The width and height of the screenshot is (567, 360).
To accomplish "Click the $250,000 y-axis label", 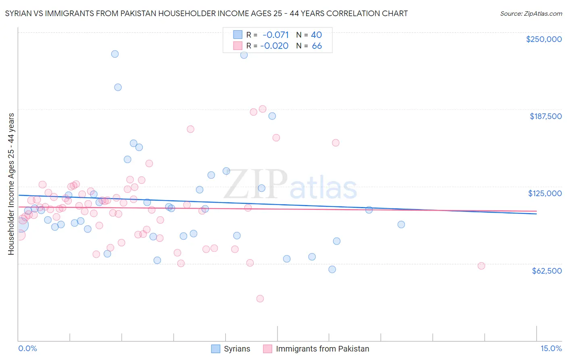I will pos(544,39).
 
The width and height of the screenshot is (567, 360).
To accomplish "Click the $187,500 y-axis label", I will pos(545,116).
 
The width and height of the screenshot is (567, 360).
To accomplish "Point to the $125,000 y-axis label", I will pos(545,193).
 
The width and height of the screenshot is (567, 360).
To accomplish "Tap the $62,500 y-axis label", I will pos(546,271).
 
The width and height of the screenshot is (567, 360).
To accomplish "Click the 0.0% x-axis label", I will pos(27,348).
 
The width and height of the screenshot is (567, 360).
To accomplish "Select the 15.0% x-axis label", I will pos(551,348).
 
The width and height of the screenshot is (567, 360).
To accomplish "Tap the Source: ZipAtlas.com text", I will pos(531,13).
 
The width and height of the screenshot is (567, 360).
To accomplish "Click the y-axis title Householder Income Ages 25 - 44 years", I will pos(11,184).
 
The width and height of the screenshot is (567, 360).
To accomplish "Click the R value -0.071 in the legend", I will pos(275,35).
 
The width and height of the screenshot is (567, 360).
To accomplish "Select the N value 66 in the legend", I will pos(317,46).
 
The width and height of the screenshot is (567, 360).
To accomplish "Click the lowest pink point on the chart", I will pos(260,299).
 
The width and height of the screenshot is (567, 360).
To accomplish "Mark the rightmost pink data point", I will pos(481,266).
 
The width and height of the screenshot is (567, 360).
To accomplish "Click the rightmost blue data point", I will pos(401,224).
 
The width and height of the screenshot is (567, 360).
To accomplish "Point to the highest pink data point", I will pos(263,109).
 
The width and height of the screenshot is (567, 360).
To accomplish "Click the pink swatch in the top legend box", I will pos(238,46).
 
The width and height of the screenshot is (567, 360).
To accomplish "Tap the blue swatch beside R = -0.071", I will pos(238,35).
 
